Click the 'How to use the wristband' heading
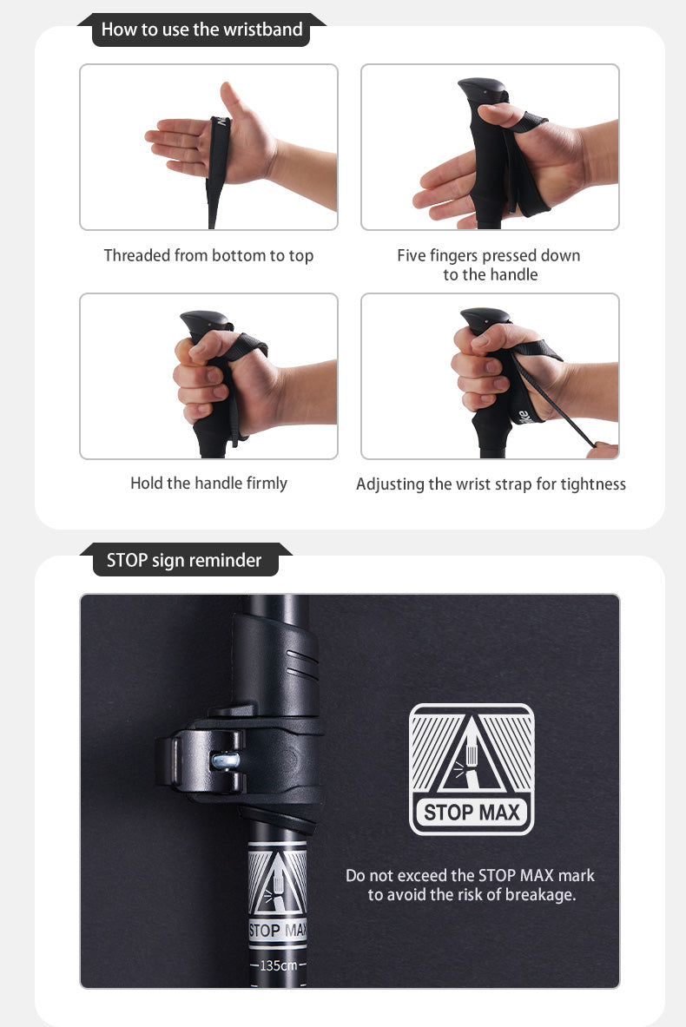[x=201, y=30]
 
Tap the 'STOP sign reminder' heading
[x=184, y=561]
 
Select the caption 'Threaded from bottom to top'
[x=208, y=255]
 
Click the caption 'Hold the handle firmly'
[x=208, y=484]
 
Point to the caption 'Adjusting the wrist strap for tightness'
[x=491, y=484]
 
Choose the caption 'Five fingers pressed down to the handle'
[x=489, y=265]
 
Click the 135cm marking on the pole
[x=279, y=965]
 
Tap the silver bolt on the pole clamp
[x=226, y=760]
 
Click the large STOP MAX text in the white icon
[x=472, y=813]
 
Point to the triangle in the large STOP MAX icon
[x=472, y=754]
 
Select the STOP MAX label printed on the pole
[x=278, y=930]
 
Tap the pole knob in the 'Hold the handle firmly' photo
[x=204, y=322]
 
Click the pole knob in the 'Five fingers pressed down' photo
[x=482, y=89]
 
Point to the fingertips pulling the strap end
[x=603, y=450]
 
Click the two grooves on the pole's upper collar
[x=301, y=665]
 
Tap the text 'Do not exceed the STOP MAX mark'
[x=471, y=875]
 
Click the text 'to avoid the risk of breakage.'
[x=472, y=895]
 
